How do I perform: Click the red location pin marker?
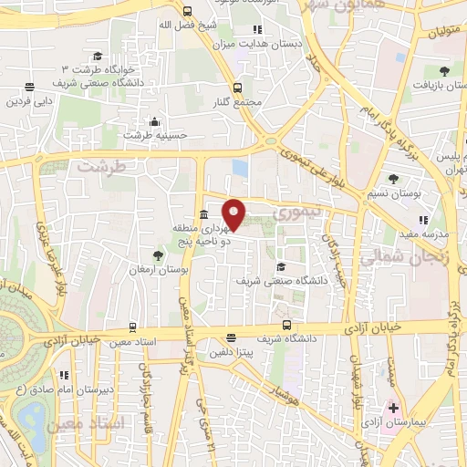coord(234,213)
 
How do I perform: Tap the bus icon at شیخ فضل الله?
coord(187,12)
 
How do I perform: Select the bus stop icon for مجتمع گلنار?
coord(237,88)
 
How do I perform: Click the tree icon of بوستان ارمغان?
coord(158,256)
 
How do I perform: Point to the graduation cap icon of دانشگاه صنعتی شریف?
coord(281,266)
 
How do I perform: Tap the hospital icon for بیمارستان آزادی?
coord(393,407)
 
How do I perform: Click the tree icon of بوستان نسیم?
coord(393,179)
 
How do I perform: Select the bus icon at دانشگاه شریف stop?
coord(287,324)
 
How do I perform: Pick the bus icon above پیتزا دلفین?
coord(231,337)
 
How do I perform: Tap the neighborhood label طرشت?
coord(98,167)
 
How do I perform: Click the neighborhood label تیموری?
coord(294,213)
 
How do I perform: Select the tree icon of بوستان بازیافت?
coord(443,70)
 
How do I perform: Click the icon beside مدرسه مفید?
coord(422,220)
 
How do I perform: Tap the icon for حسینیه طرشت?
coord(155,121)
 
